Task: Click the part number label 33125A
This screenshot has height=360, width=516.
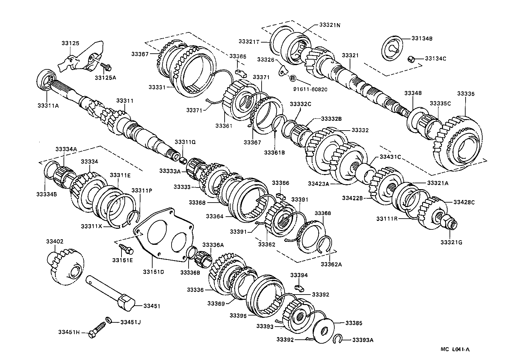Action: click(105, 78)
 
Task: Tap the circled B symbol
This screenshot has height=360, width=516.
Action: click(292, 78)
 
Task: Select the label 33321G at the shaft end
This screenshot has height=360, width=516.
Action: click(451, 242)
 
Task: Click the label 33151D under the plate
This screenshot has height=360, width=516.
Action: click(153, 272)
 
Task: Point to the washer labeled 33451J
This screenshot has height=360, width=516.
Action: click(108, 319)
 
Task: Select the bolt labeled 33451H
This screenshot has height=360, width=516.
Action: click(97, 330)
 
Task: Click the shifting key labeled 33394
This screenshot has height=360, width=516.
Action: click(299, 287)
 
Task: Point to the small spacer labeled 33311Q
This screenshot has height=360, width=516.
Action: click(183, 160)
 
